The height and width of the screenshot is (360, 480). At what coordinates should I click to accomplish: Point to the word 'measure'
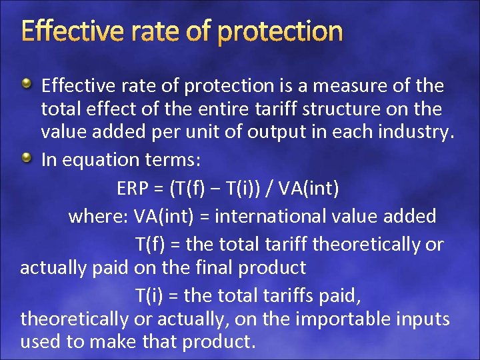[x=365, y=86]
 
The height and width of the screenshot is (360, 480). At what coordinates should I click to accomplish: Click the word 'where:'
[x=98, y=217]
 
